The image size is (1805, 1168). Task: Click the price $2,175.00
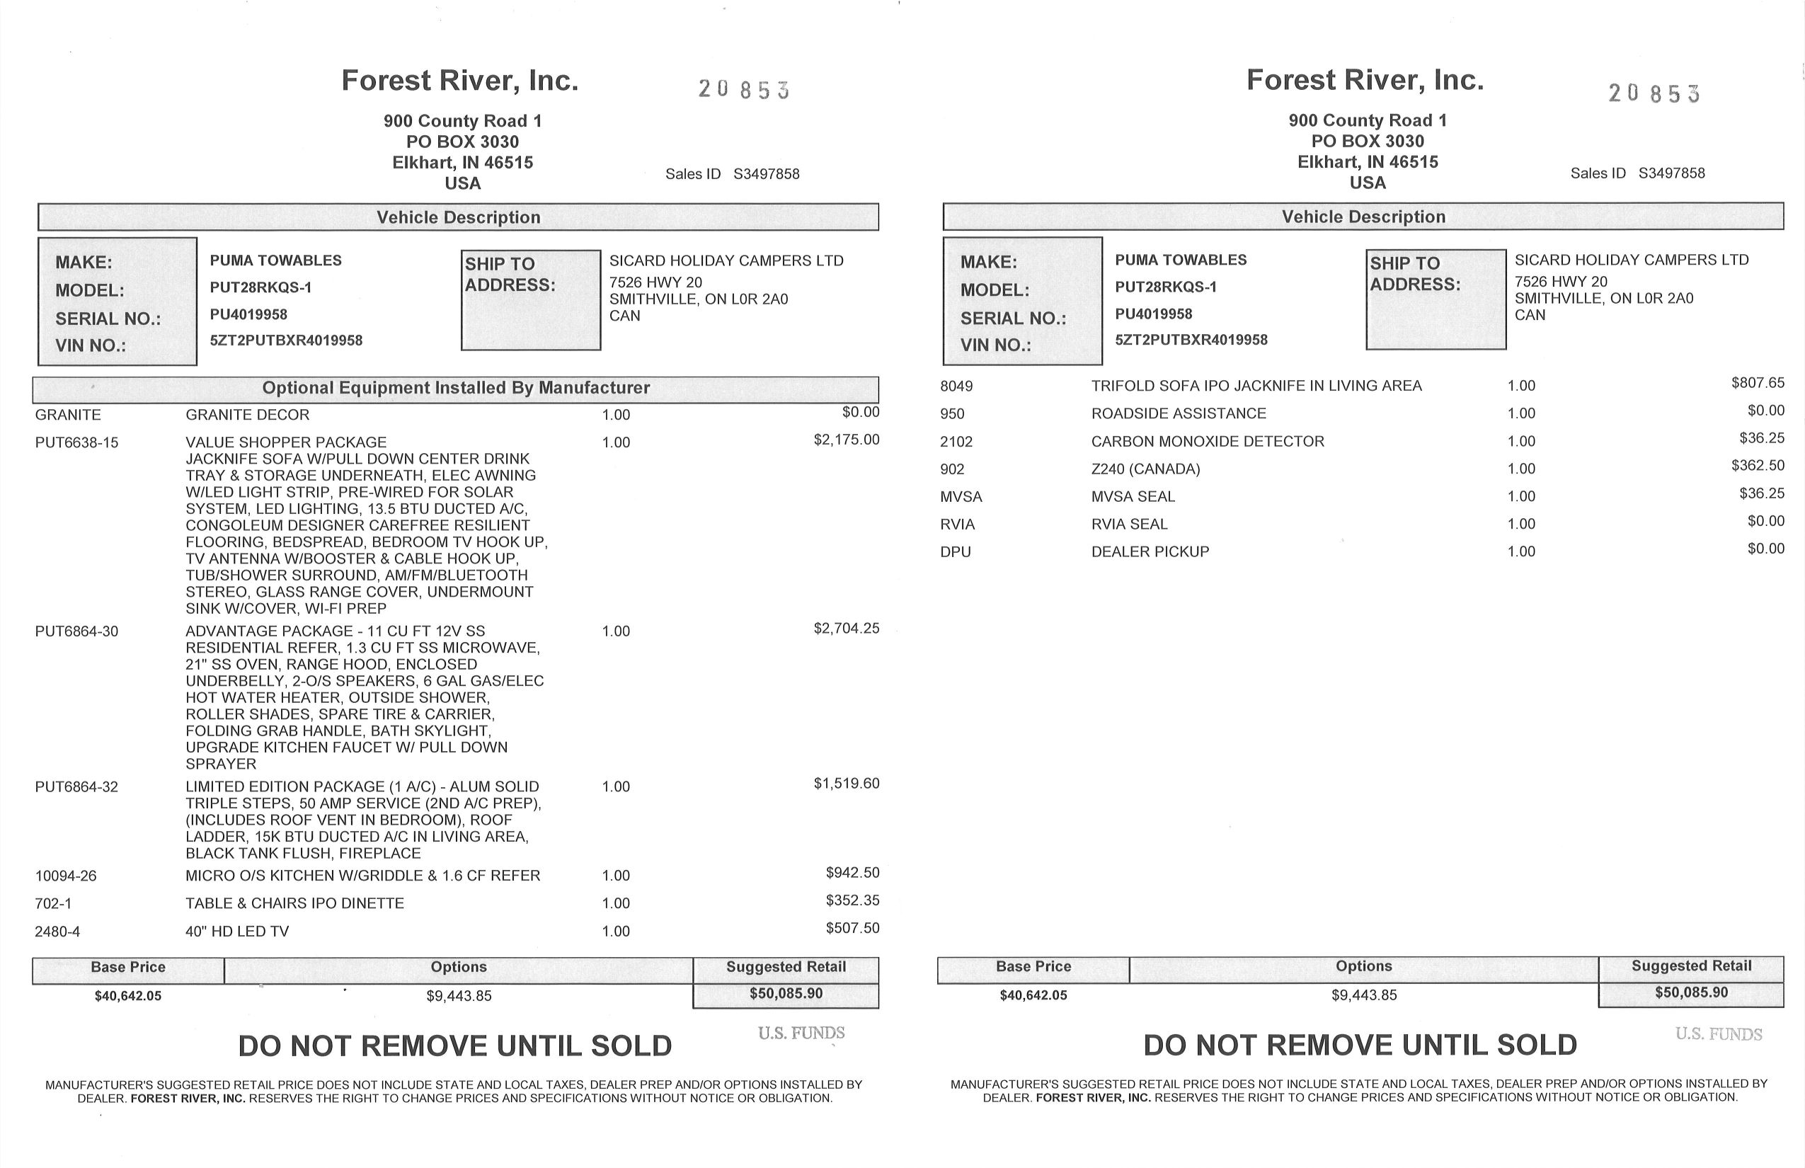point(847,440)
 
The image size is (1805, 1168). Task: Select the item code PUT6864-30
point(76,631)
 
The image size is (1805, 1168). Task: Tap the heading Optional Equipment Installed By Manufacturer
point(456,389)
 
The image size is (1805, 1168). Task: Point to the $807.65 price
point(1757,383)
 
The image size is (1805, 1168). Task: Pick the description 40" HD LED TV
point(237,932)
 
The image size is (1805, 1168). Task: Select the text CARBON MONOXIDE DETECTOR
point(1208,442)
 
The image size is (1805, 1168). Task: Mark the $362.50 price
point(1757,466)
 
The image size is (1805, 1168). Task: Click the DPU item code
point(956,552)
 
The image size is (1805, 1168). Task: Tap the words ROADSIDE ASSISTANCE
point(1179,413)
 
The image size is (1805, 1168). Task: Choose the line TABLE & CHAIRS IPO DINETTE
point(294,903)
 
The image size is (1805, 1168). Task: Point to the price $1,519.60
point(847,784)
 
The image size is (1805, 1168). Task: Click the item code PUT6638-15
point(76,443)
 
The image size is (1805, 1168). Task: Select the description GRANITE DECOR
point(247,415)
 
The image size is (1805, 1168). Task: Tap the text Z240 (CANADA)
point(1145,469)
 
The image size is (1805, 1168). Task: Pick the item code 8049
point(956,386)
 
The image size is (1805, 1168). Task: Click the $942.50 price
point(852,873)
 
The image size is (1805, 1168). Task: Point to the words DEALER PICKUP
point(1150,552)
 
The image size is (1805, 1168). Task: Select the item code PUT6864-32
point(76,787)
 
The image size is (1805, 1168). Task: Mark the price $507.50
point(852,928)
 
